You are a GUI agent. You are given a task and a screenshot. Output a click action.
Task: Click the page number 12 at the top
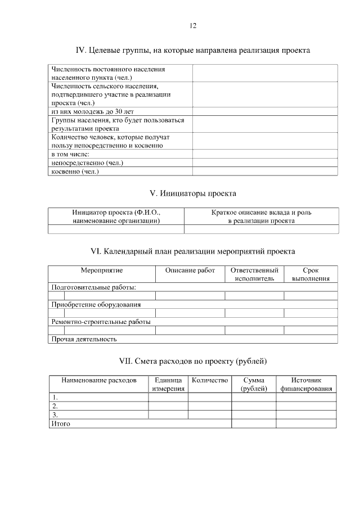(x=193, y=26)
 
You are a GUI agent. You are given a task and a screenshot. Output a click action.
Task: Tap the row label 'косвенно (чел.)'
(x=75, y=172)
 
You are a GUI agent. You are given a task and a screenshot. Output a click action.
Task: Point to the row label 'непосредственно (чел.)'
(x=87, y=163)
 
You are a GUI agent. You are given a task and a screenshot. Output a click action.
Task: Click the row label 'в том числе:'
(x=70, y=154)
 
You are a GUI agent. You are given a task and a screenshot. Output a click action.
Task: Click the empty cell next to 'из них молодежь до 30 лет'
(x=265, y=111)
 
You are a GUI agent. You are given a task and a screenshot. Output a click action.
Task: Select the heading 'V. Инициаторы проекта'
(x=193, y=193)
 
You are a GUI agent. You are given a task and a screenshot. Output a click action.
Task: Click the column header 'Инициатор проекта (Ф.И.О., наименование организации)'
(x=116, y=217)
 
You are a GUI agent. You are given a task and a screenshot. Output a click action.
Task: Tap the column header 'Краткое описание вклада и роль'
(x=261, y=217)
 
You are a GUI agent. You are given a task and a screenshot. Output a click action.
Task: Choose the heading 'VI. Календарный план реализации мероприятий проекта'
(x=193, y=251)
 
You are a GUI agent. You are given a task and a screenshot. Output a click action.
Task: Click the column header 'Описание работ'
(x=190, y=271)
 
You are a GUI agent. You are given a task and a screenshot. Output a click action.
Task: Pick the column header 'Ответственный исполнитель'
(x=254, y=274)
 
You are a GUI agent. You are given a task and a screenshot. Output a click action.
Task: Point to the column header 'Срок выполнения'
(x=310, y=274)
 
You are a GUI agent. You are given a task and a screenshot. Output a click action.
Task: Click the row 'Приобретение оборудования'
(x=96, y=304)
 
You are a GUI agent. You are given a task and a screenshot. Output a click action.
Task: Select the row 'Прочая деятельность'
(x=84, y=339)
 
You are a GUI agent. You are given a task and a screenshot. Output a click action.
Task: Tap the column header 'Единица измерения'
(x=168, y=385)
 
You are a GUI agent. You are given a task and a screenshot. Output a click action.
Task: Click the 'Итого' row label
(x=61, y=424)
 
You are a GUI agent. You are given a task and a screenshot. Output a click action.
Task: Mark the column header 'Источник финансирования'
(x=306, y=385)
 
